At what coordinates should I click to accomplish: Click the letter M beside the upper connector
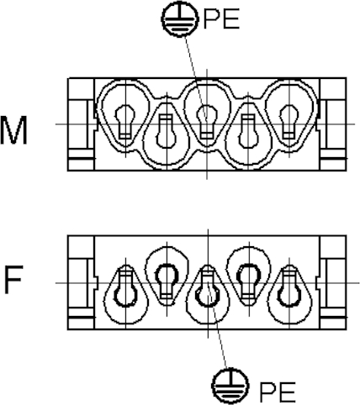pyautogui.click(x=13, y=130)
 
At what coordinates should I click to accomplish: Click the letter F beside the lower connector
pyautogui.click(x=13, y=280)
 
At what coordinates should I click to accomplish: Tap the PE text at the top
pyautogui.click(x=221, y=18)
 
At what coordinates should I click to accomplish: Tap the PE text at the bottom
pyautogui.click(x=278, y=392)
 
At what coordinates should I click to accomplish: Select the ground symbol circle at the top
pyautogui.click(x=180, y=19)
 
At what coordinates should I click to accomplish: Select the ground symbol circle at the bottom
pyautogui.click(x=230, y=386)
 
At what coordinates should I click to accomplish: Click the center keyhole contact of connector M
pyautogui.click(x=207, y=121)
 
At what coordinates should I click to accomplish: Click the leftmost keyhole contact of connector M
pyautogui.click(x=125, y=122)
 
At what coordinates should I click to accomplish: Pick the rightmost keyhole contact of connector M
pyautogui.click(x=289, y=122)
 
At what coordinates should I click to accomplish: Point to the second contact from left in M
pyautogui.click(x=167, y=131)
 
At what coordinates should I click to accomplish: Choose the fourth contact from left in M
pyautogui.click(x=248, y=131)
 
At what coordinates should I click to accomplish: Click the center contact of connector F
pyautogui.click(x=208, y=286)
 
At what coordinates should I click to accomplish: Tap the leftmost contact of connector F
pyautogui.click(x=125, y=286)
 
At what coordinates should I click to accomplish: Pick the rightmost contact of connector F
pyautogui.click(x=289, y=286)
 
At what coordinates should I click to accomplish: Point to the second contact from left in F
pyautogui.click(x=167, y=281)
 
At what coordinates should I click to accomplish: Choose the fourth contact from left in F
pyautogui.click(x=248, y=281)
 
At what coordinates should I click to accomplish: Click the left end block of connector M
pyautogui.click(x=81, y=124)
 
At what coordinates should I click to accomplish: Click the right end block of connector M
pyautogui.click(x=333, y=124)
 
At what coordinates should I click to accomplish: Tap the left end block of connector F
pyautogui.click(x=81, y=282)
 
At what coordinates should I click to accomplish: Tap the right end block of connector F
pyautogui.click(x=333, y=282)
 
